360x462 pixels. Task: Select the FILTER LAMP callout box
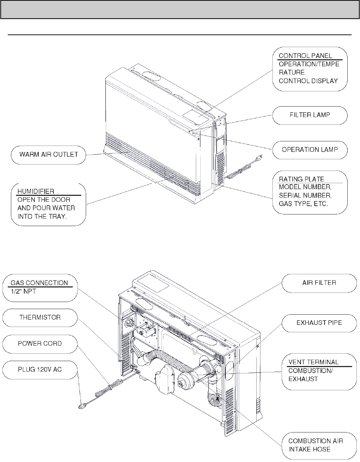click(310, 115)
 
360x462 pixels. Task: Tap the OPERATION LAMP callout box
click(310, 149)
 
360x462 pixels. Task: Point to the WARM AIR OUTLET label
click(49, 154)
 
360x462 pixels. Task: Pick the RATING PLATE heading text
click(301, 179)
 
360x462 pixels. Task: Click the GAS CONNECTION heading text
click(39, 283)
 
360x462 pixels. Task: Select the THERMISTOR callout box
click(40, 317)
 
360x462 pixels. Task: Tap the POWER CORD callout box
click(40, 343)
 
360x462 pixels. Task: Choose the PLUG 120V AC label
click(40, 369)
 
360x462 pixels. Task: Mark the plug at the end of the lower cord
click(81, 406)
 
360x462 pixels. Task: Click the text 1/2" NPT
click(23, 291)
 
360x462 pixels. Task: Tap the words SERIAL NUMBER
click(305, 195)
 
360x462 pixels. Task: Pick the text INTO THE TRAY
click(42, 216)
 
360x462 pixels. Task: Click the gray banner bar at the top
click(180, 9)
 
